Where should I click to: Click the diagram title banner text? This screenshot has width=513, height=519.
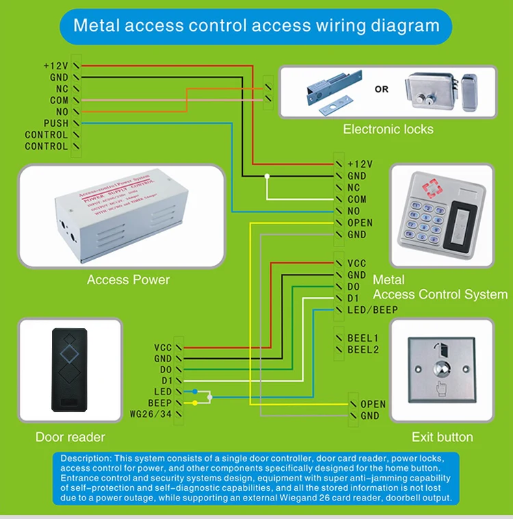256,26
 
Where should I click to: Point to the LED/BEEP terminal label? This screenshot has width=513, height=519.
373,309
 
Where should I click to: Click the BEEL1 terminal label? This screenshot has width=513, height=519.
363,338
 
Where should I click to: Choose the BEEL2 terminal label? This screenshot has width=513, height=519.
363,350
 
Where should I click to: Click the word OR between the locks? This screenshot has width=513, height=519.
381,89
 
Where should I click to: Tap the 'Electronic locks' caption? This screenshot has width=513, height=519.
388,129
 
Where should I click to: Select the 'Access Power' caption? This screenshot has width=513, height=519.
128,279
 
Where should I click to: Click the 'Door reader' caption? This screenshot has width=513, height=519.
70,437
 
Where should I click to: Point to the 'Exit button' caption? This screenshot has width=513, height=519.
442,437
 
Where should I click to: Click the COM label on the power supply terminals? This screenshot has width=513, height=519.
59,100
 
